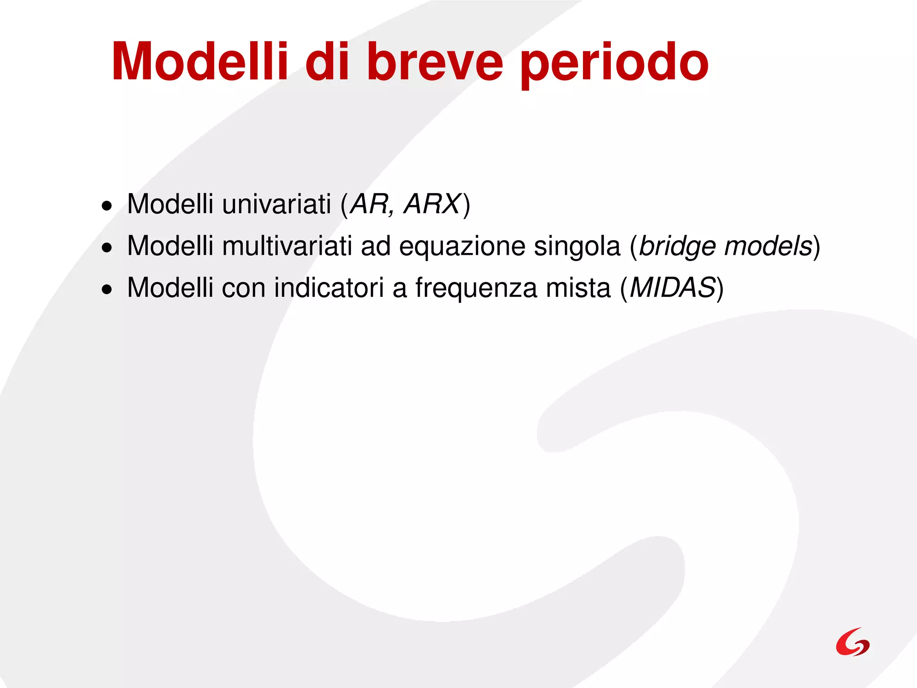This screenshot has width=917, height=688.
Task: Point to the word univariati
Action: [x=276, y=204]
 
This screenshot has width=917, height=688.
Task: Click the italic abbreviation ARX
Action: [x=432, y=204]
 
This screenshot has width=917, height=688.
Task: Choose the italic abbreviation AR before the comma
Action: [x=369, y=204]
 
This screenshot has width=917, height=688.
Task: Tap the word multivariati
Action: [x=287, y=246]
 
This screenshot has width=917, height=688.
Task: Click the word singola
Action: [x=577, y=247]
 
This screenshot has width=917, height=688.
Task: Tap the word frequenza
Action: [x=476, y=288]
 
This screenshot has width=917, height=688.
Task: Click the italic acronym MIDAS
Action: [x=672, y=288]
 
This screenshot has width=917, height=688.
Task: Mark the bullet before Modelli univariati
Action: [x=107, y=206]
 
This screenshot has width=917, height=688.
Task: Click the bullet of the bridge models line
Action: [x=107, y=248]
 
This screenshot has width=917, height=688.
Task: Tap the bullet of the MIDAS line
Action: [x=107, y=290]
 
